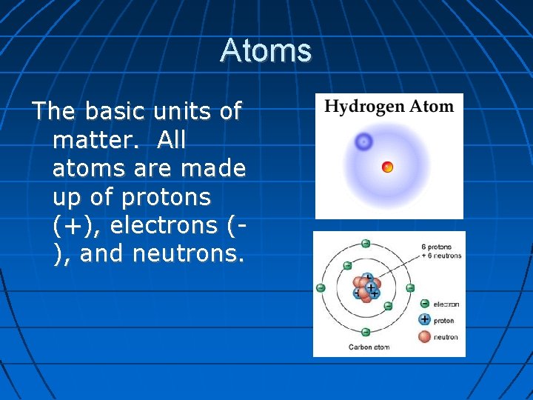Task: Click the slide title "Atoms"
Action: [266, 50]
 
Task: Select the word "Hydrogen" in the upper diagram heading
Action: [359, 107]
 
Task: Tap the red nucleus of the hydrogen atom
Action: [387, 167]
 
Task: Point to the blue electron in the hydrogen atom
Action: [363, 141]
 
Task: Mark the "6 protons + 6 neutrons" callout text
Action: [440, 251]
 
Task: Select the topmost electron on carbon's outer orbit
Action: [366, 243]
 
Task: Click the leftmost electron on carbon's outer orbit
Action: [320, 287]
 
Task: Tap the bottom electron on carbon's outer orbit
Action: [366, 332]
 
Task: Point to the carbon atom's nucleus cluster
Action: [366, 287]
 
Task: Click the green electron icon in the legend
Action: [424, 304]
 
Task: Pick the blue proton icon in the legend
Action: [424, 320]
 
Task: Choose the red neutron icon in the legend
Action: [424, 337]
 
